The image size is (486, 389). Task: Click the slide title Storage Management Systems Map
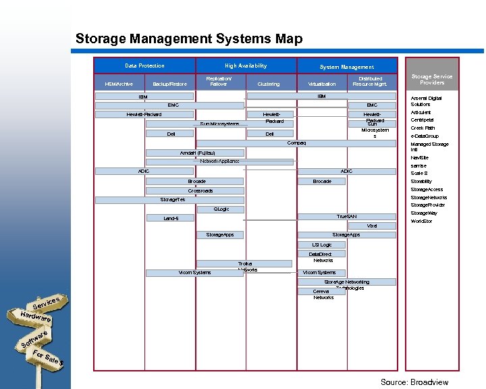click(189, 38)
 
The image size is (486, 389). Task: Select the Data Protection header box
click(144, 66)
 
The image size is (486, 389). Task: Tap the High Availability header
click(246, 66)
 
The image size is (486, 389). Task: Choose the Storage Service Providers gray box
click(432, 80)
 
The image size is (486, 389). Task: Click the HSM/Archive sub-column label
click(119, 84)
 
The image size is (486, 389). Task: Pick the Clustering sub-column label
click(269, 84)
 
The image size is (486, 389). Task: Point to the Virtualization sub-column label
click(322, 84)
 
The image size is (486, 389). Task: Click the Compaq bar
click(296, 143)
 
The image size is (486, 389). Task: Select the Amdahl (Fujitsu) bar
click(198, 153)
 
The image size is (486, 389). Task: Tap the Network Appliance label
click(220, 161)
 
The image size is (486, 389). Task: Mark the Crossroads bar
click(200, 191)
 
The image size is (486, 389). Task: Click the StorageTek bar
click(173, 200)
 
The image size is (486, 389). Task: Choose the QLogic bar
click(221, 209)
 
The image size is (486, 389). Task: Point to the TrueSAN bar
click(347, 216)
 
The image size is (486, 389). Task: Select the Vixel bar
click(372, 226)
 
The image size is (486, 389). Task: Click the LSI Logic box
click(322, 244)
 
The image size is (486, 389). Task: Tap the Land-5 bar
click(171, 218)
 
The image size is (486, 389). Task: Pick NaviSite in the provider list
click(419, 157)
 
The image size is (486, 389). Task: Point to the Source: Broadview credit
click(414, 382)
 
